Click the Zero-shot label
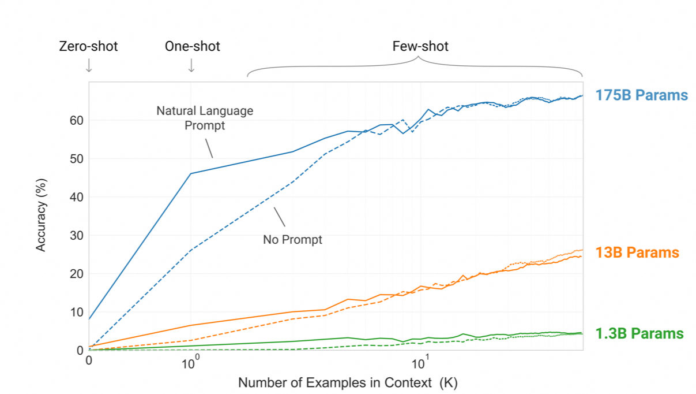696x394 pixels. (88, 46)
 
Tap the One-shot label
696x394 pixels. (192, 46)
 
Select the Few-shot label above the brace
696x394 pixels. (420, 46)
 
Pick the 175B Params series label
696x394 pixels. (641, 95)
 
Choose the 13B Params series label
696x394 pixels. (637, 252)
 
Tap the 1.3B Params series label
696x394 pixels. (639, 333)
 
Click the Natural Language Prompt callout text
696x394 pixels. (205, 118)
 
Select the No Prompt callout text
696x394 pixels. (292, 239)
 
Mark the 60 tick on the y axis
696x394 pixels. (77, 120)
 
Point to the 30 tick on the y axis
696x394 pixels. (77, 235)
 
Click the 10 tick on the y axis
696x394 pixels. (77, 312)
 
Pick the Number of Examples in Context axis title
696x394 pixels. (348, 382)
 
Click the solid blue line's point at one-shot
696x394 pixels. (191, 173)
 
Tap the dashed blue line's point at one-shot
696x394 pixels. (191, 250)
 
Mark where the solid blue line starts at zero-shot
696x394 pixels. (89, 319)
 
